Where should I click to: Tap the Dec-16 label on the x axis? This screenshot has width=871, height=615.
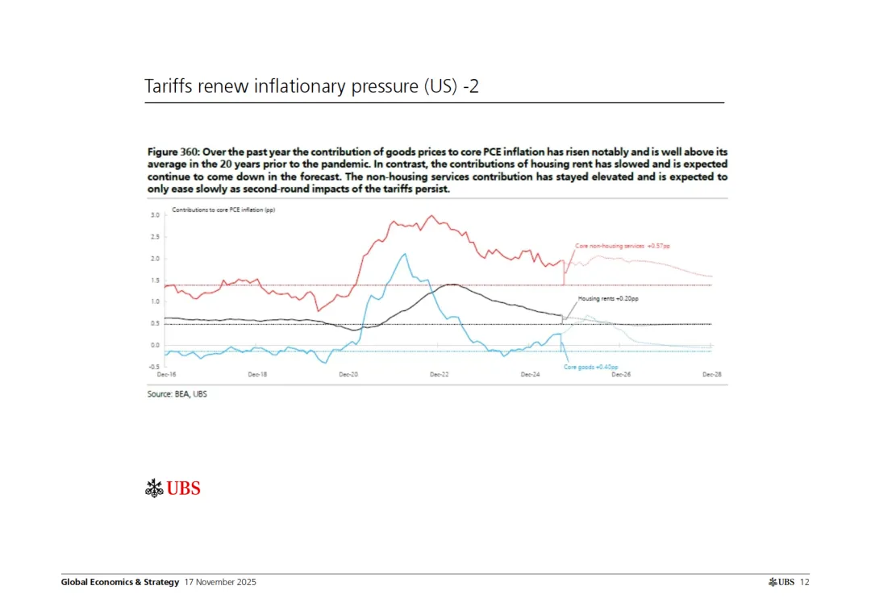pyautogui.click(x=165, y=375)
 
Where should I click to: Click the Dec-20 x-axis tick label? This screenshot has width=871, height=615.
pyautogui.click(x=348, y=375)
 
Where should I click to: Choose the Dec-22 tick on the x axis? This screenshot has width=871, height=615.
pyautogui.click(x=439, y=375)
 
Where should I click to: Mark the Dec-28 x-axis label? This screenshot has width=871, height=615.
pyautogui.click(x=711, y=375)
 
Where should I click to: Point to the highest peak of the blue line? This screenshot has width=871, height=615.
pyautogui.click(x=405, y=254)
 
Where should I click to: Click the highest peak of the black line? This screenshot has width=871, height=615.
pyautogui.click(x=452, y=285)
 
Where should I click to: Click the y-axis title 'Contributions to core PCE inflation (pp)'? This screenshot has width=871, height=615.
pyautogui.click(x=213, y=209)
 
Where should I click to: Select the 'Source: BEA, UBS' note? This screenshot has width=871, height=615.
pyautogui.click(x=177, y=394)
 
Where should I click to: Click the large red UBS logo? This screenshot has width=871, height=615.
pyautogui.click(x=173, y=488)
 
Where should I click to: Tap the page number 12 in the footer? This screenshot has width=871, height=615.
pyautogui.click(x=804, y=582)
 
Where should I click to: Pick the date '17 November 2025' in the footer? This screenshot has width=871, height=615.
pyautogui.click(x=220, y=582)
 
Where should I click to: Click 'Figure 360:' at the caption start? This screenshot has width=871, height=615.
pyautogui.click(x=173, y=152)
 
